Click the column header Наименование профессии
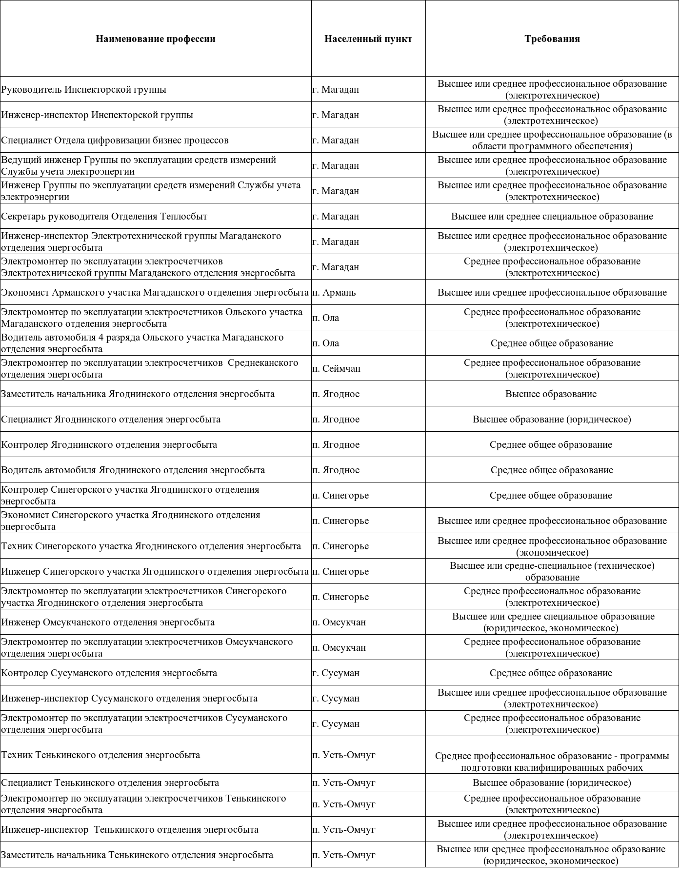tap(155, 39)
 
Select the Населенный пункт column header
tap(368, 39)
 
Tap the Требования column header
tap(552, 39)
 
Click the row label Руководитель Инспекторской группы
tap(83, 90)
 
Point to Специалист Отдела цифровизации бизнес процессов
tap(115, 140)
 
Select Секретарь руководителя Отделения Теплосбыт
tap(104, 217)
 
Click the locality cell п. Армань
tap(334, 293)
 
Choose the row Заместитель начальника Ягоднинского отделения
tap(138, 394)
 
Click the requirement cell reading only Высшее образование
tap(551, 394)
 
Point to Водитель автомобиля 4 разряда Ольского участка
tap(142, 343)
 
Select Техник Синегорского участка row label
tap(151, 546)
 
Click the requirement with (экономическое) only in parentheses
tap(552, 546)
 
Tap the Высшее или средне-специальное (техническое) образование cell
tap(552, 572)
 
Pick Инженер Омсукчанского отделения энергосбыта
tap(108, 622)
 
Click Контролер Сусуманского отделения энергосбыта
tap(109, 673)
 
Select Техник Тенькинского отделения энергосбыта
tap(100, 755)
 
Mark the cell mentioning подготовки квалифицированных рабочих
tap(552, 762)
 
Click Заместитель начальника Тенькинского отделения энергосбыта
tap(137, 855)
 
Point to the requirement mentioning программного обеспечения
tap(552, 140)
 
